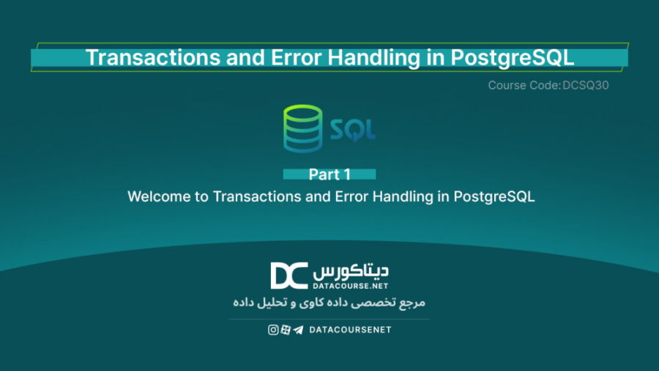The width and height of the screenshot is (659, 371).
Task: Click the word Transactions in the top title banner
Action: point(153,58)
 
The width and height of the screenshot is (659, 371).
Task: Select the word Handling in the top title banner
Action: point(373,59)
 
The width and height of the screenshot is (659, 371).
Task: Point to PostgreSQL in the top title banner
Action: point(513,59)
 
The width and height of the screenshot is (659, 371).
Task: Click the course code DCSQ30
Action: point(586,85)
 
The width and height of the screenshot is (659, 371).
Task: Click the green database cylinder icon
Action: point(302,128)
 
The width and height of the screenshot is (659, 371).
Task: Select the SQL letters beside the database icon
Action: point(353,130)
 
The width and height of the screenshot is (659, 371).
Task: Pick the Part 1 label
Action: point(329,175)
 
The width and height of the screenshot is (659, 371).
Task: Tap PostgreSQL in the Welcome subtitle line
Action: point(494,197)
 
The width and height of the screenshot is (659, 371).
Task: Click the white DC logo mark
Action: point(289,276)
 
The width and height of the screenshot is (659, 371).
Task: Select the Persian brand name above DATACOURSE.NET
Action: point(351,272)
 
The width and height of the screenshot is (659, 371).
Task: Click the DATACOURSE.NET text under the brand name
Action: point(351,286)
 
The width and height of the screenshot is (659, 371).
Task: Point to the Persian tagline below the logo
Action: point(329,303)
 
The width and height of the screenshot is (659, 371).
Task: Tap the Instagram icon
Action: point(273,330)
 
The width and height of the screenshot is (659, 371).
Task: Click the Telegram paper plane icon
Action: point(298,330)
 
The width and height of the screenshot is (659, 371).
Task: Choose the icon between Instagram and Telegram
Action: point(286,330)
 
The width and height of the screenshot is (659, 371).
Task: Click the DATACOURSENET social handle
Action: point(350,330)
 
